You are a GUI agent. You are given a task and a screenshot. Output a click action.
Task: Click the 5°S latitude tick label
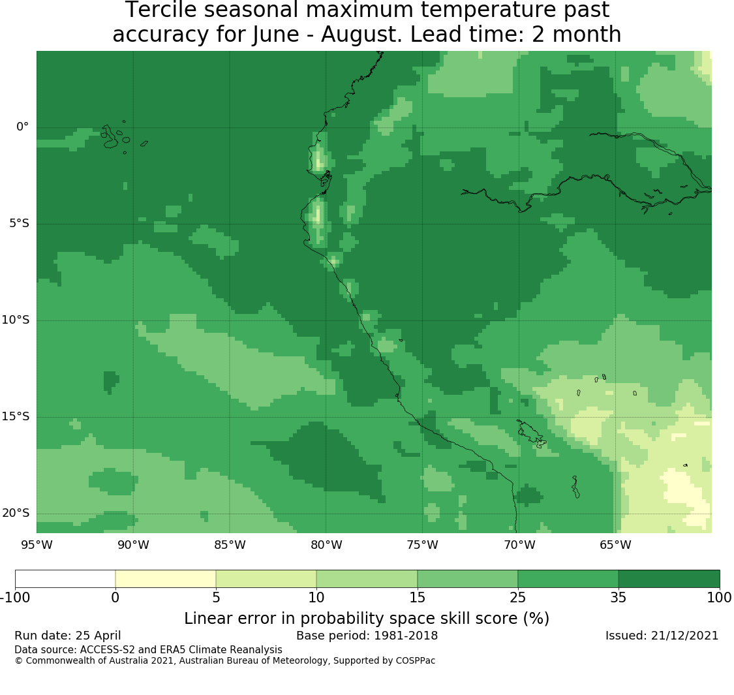[19, 223]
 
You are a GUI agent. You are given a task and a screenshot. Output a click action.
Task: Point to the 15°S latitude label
[16, 417]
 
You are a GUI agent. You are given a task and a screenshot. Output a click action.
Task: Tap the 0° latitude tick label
[22, 127]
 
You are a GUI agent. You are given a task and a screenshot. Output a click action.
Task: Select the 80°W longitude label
[326, 545]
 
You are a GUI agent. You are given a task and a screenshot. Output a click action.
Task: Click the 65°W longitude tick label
[615, 545]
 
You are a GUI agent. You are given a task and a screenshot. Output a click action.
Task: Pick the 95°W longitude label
[37, 545]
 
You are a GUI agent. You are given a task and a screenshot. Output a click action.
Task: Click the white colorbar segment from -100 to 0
[65, 579]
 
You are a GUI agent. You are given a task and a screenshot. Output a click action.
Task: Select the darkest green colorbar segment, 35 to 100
[669, 579]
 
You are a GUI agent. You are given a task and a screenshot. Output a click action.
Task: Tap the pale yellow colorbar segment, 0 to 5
[166, 579]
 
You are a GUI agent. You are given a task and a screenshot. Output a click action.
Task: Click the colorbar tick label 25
[518, 598]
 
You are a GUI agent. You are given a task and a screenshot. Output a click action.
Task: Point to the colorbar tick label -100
[15, 598]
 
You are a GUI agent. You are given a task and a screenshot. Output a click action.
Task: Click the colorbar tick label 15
[417, 598]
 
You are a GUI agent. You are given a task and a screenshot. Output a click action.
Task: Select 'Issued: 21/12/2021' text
[662, 636]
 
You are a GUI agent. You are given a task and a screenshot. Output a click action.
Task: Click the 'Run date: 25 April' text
[68, 636]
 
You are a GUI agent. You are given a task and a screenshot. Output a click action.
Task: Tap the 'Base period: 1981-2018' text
[367, 636]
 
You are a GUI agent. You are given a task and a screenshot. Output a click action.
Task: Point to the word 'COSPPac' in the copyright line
[415, 661]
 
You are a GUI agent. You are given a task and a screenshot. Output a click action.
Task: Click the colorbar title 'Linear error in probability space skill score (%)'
[367, 618]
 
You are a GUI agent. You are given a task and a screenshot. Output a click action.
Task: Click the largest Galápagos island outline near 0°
[110, 137]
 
